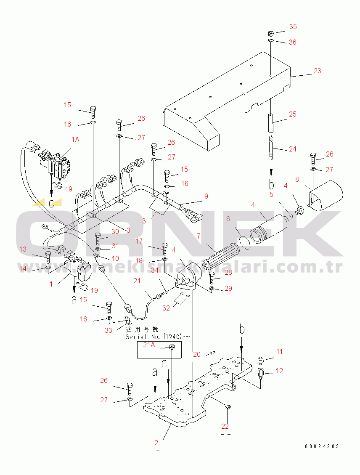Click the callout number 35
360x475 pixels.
pyautogui.click(x=293, y=27)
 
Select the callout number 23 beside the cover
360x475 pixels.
pyautogui.click(x=317, y=71)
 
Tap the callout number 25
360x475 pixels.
pyautogui.click(x=293, y=114)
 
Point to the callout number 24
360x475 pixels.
pyautogui.click(x=292, y=149)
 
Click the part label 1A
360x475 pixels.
pyautogui.click(x=75, y=139)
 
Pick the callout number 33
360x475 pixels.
pyautogui.click(x=109, y=330)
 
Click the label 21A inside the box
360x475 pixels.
pyautogui.click(x=149, y=345)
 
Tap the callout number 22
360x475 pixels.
pyautogui.click(x=225, y=426)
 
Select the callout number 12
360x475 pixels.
pyautogui.click(x=279, y=371)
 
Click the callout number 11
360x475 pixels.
pyautogui.click(x=279, y=351)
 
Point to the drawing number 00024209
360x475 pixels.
pyautogui.click(x=322, y=446)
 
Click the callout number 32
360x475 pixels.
pyautogui.click(x=166, y=308)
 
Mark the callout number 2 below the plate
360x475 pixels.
pyautogui.click(x=156, y=443)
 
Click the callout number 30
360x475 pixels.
pyautogui.click(x=115, y=231)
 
